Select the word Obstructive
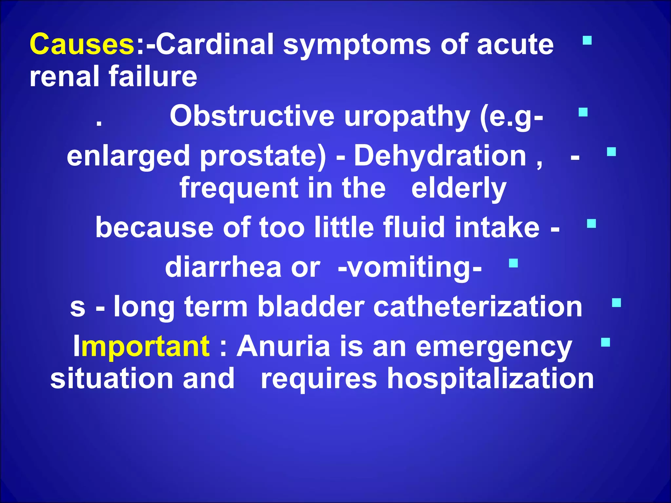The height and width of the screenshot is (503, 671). [x=252, y=116]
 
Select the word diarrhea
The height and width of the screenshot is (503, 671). [x=223, y=267]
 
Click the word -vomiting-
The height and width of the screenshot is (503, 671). [x=410, y=267]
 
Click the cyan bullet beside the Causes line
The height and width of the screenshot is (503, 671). [x=587, y=41]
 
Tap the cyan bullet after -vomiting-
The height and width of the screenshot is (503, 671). [x=513, y=263]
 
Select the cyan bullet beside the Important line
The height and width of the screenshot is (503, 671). [x=605, y=342]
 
